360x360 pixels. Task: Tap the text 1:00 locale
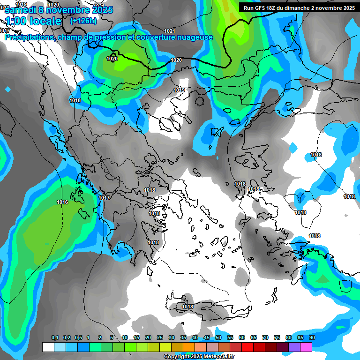click(33, 21)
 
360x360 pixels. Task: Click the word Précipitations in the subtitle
click(29, 37)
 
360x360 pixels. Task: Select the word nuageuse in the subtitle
click(195, 37)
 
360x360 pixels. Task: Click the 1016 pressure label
click(62, 202)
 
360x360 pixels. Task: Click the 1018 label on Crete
click(187, 307)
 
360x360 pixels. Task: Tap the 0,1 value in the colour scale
click(55, 337)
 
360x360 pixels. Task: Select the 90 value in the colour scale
click(312, 337)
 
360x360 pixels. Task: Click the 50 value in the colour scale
click(218, 337)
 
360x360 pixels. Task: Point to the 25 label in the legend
click(160, 337)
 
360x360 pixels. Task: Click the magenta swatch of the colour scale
click(306, 347)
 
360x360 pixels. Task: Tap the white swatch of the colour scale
click(48, 347)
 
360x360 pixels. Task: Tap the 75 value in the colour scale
click(277, 337)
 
